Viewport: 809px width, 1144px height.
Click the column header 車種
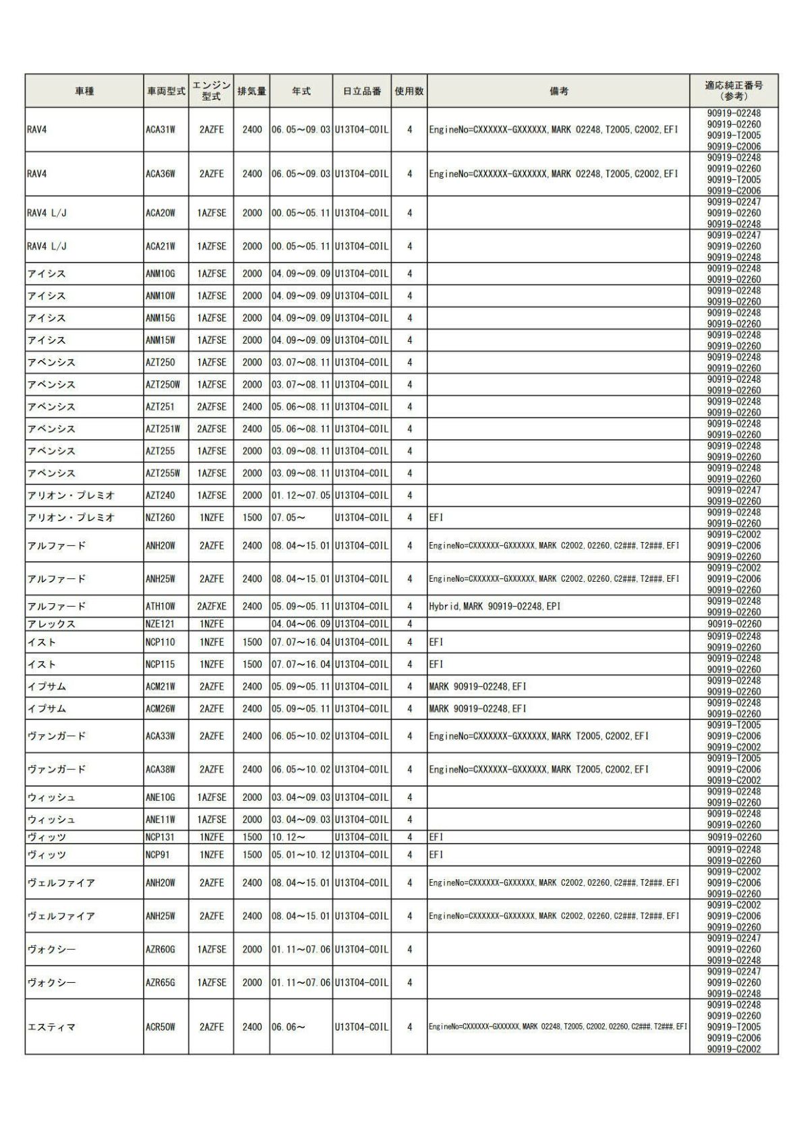(x=84, y=91)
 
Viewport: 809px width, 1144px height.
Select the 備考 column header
(x=558, y=91)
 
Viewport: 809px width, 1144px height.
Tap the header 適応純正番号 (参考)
(x=733, y=91)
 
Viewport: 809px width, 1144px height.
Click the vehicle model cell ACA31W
(x=160, y=129)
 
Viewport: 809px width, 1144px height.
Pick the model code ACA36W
(x=160, y=174)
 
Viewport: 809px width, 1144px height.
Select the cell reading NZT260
(x=160, y=518)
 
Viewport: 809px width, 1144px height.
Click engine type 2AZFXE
(x=212, y=606)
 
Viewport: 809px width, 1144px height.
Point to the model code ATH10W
(x=160, y=606)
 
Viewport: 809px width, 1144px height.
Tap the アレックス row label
(x=51, y=624)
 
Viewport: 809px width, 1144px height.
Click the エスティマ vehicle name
(x=51, y=1027)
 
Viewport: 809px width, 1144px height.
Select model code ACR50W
(x=160, y=1027)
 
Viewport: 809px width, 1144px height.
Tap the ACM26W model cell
(x=160, y=709)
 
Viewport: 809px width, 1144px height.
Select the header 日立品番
(x=362, y=91)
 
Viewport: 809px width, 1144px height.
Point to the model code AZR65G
(x=160, y=983)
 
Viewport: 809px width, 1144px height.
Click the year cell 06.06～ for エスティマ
(x=289, y=1027)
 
